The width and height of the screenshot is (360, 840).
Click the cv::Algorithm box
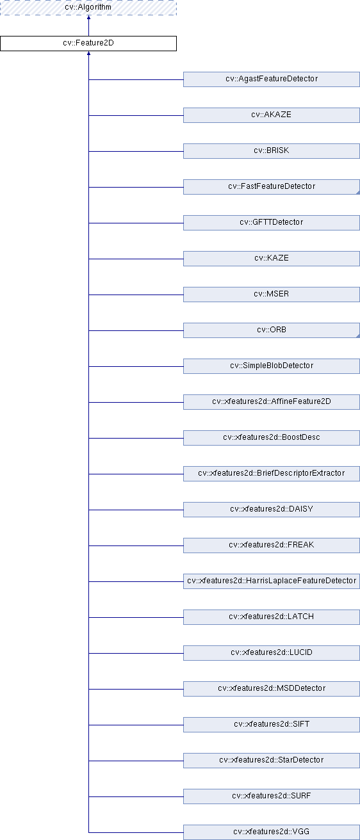tap(88, 8)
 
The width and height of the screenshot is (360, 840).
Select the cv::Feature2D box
tap(88, 44)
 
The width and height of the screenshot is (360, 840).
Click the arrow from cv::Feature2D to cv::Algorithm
tap(88, 26)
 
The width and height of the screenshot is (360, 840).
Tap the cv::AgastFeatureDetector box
tap(272, 79)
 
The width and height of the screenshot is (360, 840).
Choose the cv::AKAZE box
tap(272, 115)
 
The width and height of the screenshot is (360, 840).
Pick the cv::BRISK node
tap(272, 151)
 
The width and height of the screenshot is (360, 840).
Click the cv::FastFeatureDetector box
tap(272, 187)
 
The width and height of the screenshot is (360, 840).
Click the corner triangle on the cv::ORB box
tap(358, 336)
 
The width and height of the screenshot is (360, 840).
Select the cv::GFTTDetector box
tap(272, 223)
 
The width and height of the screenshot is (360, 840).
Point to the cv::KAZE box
tap(272, 259)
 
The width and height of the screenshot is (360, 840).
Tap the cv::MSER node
tap(272, 295)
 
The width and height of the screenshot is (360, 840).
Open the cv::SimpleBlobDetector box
tap(272, 366)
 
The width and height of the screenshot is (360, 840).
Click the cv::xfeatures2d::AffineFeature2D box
tap(272, 402)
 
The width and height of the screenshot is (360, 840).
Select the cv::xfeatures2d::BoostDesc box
tap(272, 438)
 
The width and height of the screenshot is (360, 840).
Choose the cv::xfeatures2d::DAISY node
tap(272, 510)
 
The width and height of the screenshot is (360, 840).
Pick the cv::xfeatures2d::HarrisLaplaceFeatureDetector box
tap(272, 581)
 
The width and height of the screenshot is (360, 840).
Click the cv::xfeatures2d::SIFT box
tap(272, 725)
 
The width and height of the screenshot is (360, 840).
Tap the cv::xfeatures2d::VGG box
tap(272, 832)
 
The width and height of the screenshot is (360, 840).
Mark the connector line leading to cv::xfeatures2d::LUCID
tap(136, 653)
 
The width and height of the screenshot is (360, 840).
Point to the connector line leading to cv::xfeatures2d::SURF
tap(136, 796)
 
